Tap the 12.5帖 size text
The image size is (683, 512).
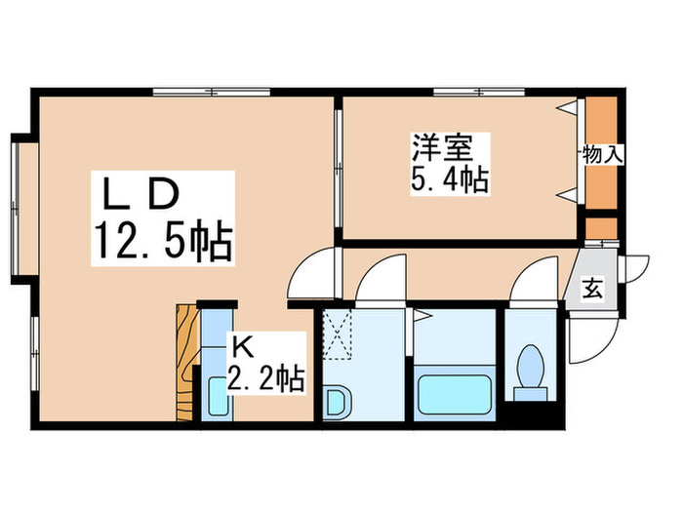pos(163,241)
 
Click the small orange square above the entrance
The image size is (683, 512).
pos(601,227)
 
